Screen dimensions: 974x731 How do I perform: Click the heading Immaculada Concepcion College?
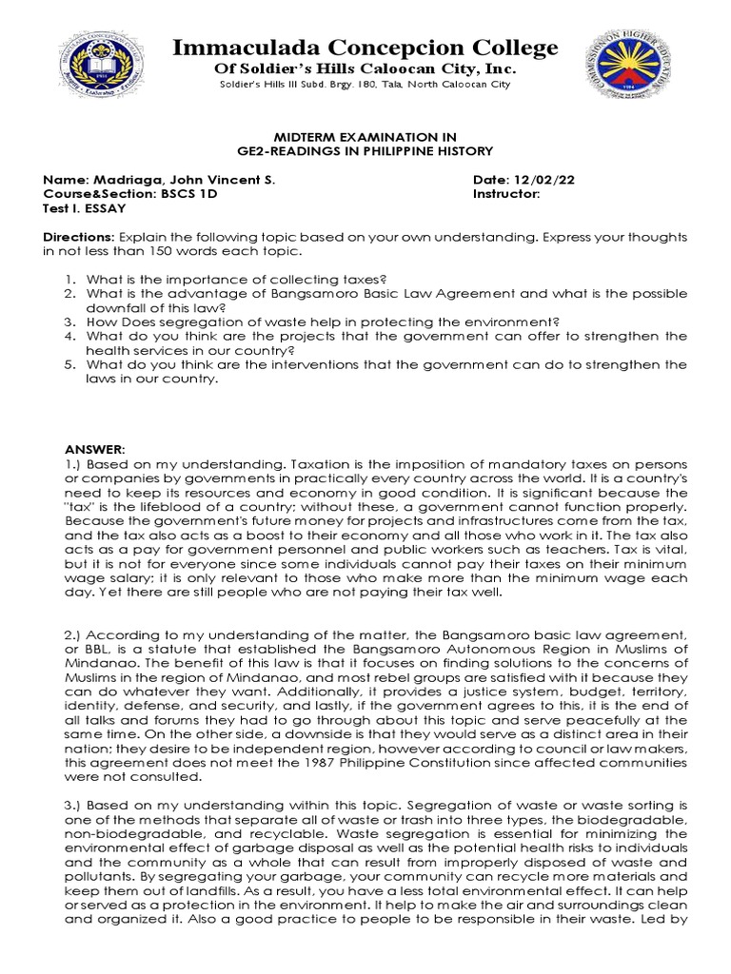(x=365, y=48)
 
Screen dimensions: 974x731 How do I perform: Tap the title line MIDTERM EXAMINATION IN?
(x=365, y=138)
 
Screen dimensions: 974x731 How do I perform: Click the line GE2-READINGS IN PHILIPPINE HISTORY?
(x=365, y=152)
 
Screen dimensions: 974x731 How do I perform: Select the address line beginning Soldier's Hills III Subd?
(x=365, y=85)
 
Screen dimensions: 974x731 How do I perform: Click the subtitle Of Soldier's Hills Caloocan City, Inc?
(x=365, y=69)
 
